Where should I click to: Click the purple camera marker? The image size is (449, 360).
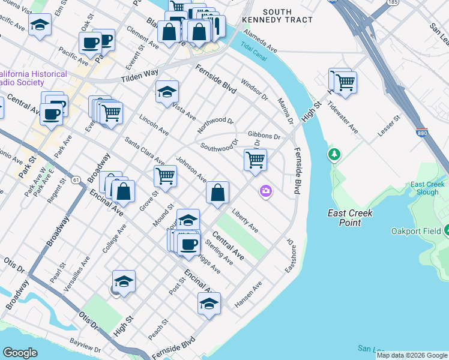[x=265, y=191]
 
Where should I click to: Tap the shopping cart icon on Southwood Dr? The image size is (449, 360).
[x=256, y=160]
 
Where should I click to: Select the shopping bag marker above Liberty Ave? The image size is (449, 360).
[x=218, y=193]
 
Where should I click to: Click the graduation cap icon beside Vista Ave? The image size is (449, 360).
[x=167, y=92]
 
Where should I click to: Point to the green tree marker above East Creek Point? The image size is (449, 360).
[x=334, y=155]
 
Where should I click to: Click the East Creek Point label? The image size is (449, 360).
[x=350, y=218]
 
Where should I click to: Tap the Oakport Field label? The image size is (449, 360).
[x=418, y=230]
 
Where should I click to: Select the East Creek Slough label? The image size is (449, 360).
[x=427, y=188]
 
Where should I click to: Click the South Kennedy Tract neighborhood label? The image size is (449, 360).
[x=286, y=16]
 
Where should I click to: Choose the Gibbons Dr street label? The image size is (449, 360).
[x=265, y=137]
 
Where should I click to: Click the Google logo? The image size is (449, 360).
[x=20, y=353]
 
